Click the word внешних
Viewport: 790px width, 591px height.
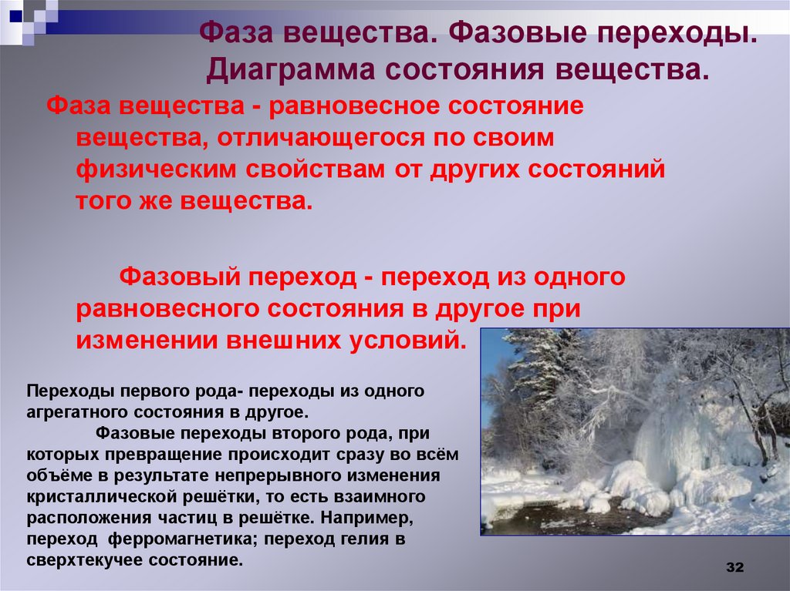(280, 340)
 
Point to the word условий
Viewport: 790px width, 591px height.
(407, 340)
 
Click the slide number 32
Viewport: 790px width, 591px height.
(734, 569)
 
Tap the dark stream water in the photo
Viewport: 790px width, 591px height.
(555, 518)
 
